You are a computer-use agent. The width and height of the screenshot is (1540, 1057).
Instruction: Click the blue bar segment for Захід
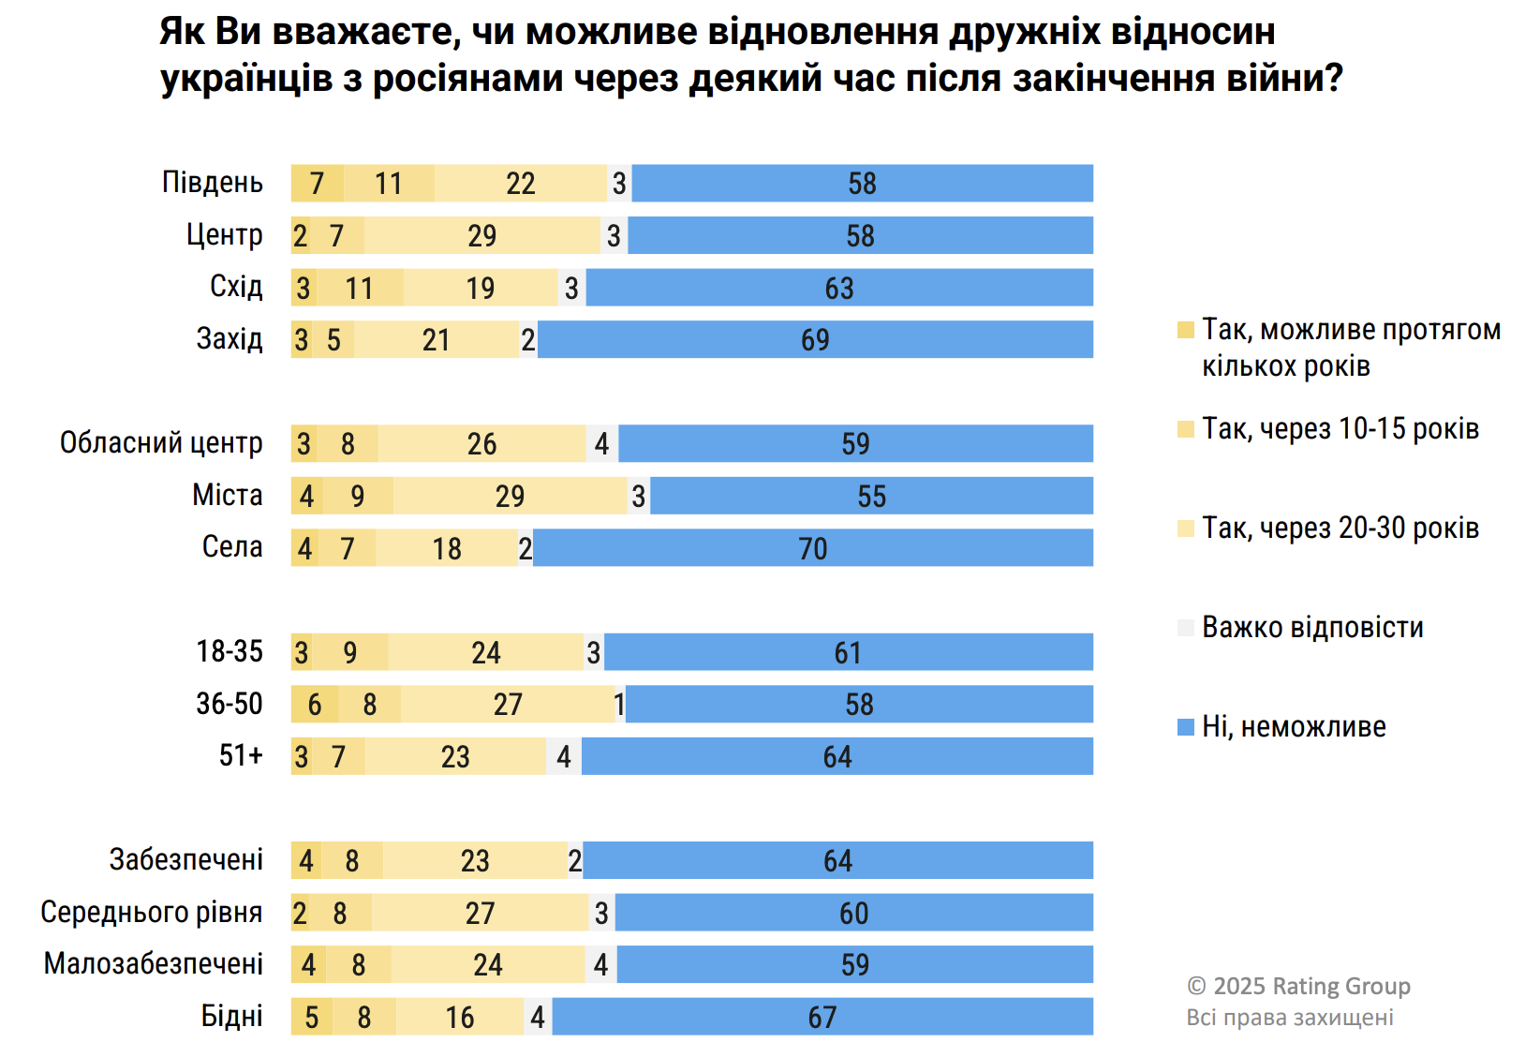815,339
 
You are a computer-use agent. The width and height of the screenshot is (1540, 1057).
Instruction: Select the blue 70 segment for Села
813,548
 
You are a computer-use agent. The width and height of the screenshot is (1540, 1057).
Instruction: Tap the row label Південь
213,183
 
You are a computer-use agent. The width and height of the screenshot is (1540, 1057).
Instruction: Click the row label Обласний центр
161,442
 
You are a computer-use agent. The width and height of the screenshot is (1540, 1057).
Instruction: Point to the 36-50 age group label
230,704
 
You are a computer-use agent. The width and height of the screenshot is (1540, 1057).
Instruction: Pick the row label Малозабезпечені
154,963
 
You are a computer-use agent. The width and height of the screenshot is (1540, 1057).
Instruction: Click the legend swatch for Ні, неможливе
1186,727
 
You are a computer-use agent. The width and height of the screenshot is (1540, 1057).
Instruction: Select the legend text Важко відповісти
1312,627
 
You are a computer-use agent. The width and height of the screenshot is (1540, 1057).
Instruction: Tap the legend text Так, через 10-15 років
1340,429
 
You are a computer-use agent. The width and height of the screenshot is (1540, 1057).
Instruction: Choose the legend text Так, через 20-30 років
1340,528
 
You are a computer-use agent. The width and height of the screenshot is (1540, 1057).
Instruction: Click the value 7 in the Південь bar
317,184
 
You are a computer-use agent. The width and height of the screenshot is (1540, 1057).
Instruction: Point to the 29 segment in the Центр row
482,235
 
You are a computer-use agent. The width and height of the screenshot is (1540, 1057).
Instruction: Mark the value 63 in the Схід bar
839,288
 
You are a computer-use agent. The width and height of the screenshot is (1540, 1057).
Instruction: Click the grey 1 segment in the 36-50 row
619,704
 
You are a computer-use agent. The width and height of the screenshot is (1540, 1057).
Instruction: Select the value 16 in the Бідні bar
460,1017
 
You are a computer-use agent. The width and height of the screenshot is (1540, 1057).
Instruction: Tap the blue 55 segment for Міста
871,496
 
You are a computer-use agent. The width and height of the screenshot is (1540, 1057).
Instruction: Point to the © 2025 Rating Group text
1298,986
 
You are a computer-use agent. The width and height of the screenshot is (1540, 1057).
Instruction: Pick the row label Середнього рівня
152,912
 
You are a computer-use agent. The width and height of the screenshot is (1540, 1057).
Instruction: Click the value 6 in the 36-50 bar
315,704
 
